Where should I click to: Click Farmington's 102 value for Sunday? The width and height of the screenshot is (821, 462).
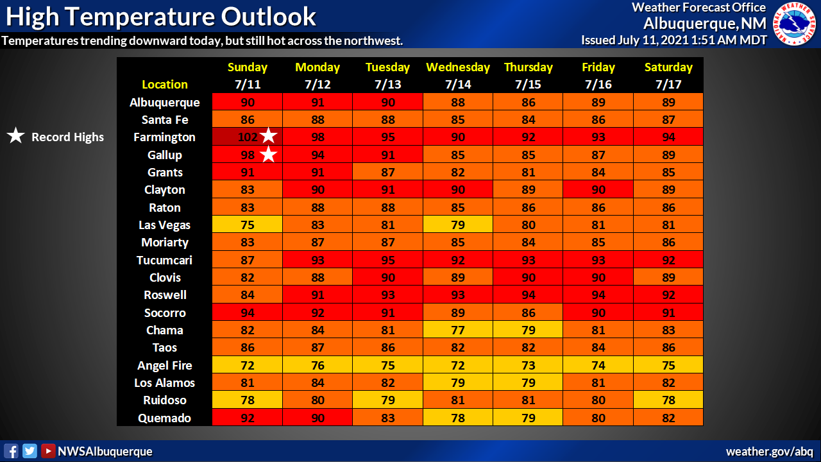click(x=248, y=137)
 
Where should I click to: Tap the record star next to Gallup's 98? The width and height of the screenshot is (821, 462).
click(x=269, y=154)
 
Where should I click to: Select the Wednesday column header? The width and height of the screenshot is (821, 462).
click(x=458, y=67)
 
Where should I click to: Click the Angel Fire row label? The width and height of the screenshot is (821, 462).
click(x=165, y=365)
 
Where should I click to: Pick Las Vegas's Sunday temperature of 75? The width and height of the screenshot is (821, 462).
click(x=248, y=225)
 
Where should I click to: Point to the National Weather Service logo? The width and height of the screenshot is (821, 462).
click(x=795, y=24)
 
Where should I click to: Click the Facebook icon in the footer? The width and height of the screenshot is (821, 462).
click(x=11, y=451)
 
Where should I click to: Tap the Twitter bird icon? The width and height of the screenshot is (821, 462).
click(x=30, y=451)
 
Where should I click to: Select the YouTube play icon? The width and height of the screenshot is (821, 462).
click(x=48, y=451)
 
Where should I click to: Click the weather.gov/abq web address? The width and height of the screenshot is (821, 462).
click(x=769, y=451)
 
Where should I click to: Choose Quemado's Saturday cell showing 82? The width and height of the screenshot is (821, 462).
click(x=668, y=418)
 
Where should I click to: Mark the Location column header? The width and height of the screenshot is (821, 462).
click(x=165, y=85)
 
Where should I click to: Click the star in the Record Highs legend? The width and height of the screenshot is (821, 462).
click(x=16, y=135)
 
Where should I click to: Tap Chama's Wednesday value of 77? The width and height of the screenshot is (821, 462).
click(x=458, y=330)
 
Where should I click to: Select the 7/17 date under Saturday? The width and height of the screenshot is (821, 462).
click(x=668, y=85)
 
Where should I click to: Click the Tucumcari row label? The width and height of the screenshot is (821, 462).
click(x=165, y=260)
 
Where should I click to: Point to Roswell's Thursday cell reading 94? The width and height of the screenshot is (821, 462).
click(x=528, y=295)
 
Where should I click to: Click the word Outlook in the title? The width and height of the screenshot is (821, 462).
click(x=268, y=17)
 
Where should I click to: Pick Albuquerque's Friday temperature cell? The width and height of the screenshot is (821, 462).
click(x=598, y=102)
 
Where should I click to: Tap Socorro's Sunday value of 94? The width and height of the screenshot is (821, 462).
click(x=248, y=312)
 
